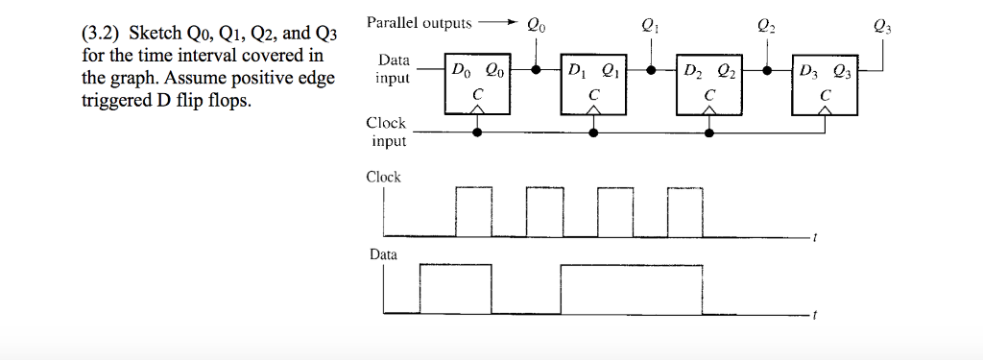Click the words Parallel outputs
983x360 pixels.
click(420, 22)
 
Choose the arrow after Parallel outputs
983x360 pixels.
click(498, 23)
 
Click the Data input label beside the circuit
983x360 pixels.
click(393, 69)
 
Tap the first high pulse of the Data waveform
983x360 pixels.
click(455, 289)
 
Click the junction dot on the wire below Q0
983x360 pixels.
click(536, 70)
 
